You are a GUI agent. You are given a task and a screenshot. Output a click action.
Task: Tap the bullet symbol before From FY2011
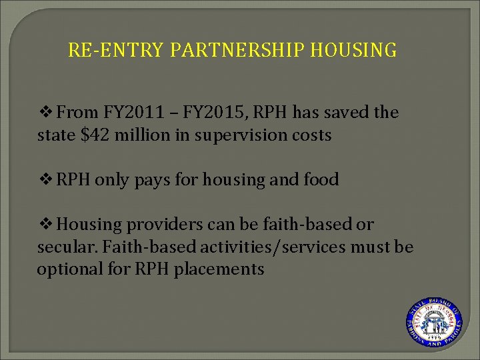(44, 113)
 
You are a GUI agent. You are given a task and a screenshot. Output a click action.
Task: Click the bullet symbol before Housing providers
(44, 225)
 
